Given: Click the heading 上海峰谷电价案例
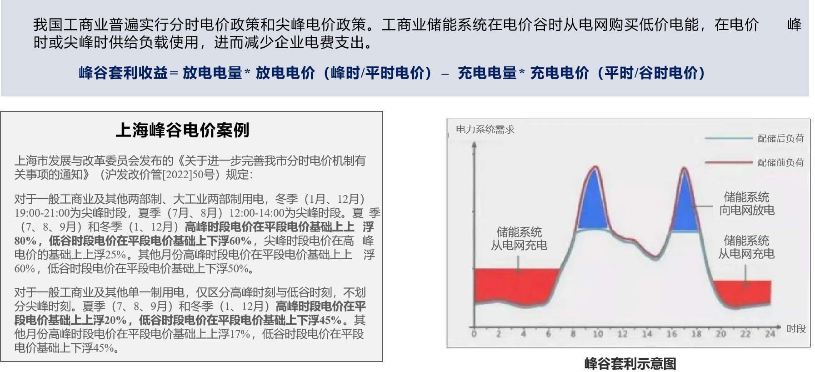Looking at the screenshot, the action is tap(183, 130).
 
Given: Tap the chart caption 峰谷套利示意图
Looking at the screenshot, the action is tap(630, 364).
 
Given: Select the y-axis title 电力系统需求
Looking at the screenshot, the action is tap(485, 130).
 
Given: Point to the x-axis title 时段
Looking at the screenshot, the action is tap(796, 329).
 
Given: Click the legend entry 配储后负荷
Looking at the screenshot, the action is tap(780, 138).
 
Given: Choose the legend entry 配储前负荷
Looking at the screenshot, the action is tap(780, 162).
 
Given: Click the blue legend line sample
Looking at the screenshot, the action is tap(729, 138).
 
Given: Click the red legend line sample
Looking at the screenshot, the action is tap(729, 162).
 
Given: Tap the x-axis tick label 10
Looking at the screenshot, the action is tap(597, 334).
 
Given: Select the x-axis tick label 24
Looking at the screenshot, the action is tap(770, 334).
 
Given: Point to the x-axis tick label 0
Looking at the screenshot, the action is tap(474, 334).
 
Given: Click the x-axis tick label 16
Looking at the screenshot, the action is tap(671, 334).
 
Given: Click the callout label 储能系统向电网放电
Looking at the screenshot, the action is tap(746, 204).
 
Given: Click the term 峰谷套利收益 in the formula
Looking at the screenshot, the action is tap(123, 73).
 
